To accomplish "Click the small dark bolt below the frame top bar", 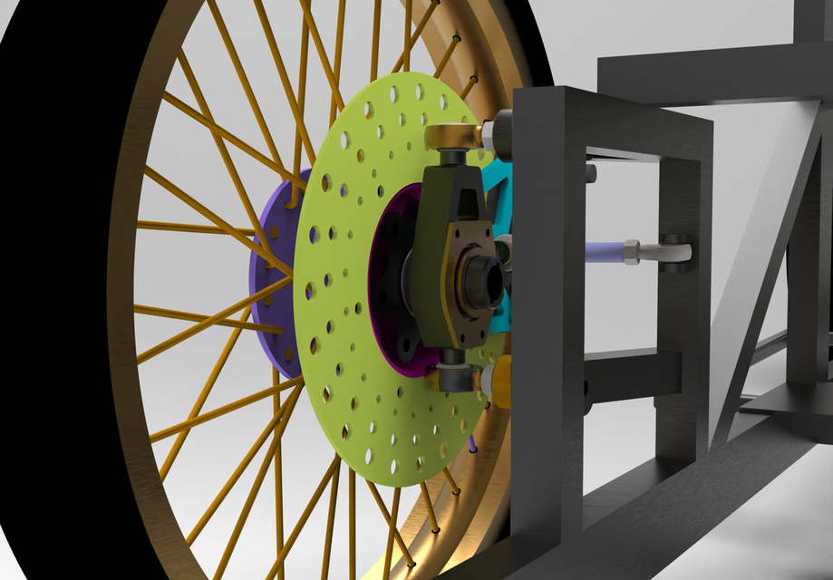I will point(590,172).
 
